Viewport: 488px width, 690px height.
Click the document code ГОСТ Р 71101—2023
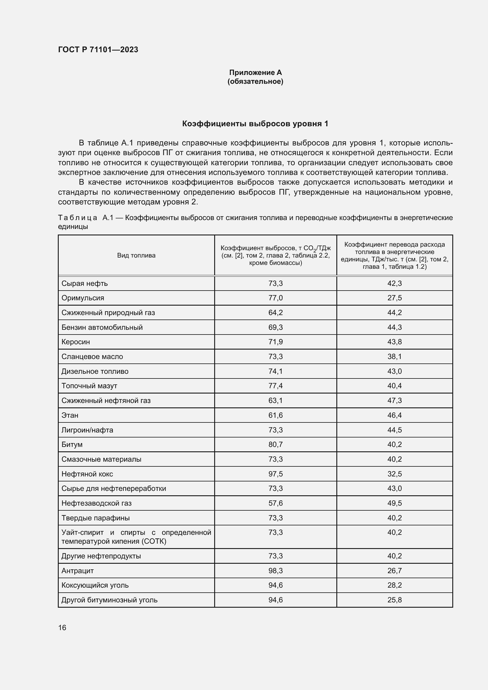click(98, 50)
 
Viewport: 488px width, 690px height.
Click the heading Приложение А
click(256, 73)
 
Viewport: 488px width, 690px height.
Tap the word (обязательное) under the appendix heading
click(256, 81)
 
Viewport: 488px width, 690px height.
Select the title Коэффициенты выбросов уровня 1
click(255, 124)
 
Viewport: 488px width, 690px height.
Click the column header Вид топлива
click(136, 255)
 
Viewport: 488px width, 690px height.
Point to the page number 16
click(62, 627)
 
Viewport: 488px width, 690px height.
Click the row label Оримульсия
click(83, 298)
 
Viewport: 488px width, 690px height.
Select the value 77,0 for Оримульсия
click(276, 298)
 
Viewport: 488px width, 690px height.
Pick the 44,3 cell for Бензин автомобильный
click(394, 327)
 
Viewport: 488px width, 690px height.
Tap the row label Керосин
click(76, 342)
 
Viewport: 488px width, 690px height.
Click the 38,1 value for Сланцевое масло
click(394, 356)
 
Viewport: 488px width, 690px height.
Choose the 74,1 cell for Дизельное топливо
click(276, 371)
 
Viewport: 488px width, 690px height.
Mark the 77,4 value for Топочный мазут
click(276, 386)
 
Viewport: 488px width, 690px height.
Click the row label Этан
click(70, 415)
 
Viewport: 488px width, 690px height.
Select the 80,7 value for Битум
click(276, 444)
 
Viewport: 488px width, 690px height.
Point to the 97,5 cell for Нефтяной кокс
click(276, 474)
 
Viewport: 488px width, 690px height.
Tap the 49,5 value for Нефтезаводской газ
click(394, 503)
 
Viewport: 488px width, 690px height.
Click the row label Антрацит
click(78, 571)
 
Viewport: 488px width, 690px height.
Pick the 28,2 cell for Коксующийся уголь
click(394, 585)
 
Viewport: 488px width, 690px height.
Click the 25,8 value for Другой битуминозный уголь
click(394, 600)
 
